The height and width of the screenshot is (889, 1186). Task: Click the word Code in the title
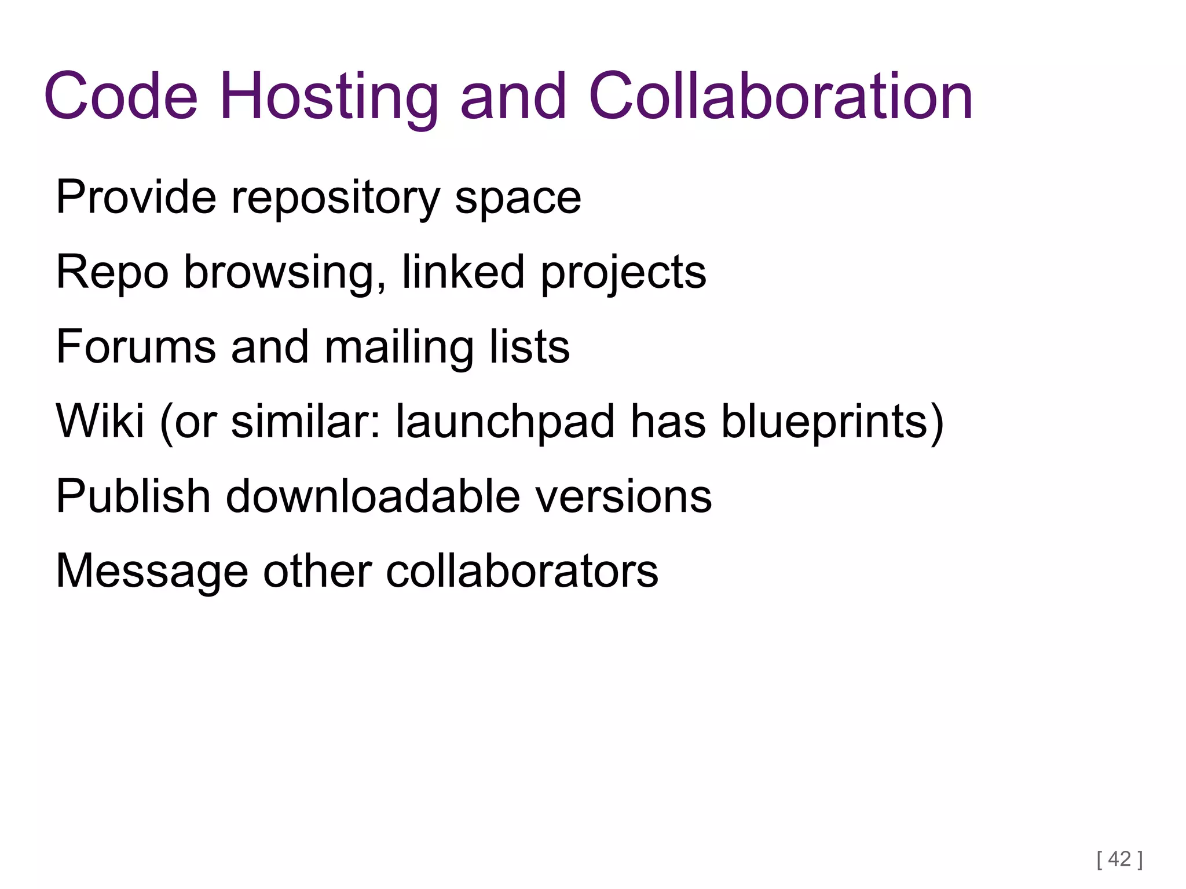tap(121, 96)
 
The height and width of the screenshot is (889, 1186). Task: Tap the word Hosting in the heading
tap(328, 96)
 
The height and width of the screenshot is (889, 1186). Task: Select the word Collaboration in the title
tap(780, 96)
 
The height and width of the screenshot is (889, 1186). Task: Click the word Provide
tap(136, 197)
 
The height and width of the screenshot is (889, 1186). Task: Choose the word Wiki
tap(100, 421)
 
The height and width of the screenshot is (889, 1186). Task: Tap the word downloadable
tap(373, 496)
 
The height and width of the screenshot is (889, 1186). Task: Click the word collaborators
tap(522, 571)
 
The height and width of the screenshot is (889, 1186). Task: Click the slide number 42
tap(1119, 859)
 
